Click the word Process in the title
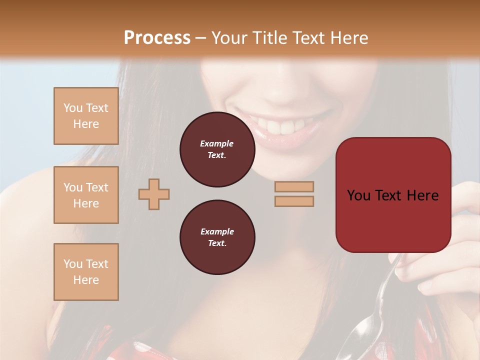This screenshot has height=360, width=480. (157, 38)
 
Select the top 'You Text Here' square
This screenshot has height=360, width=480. (86, 116)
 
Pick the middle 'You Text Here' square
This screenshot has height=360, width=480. (86, 195)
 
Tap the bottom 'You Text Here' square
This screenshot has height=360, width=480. (86, 272)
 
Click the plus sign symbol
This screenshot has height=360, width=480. (154, 194)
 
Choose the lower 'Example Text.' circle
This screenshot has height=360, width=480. (217, 237)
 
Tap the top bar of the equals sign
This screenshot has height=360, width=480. (294, 187)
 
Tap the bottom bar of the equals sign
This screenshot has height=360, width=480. (294, 201)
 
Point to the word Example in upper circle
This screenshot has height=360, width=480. (217, 143)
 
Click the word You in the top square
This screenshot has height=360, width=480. (73, 108)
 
